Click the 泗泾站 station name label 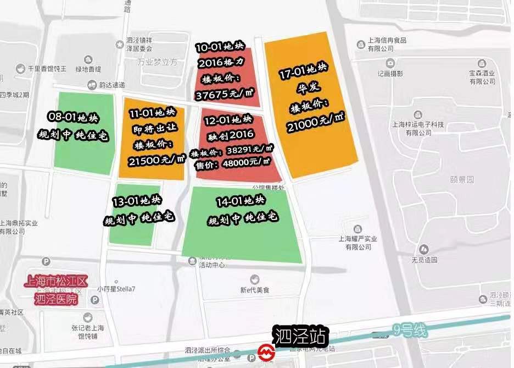coord(301,336)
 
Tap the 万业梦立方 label coord(158,63)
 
